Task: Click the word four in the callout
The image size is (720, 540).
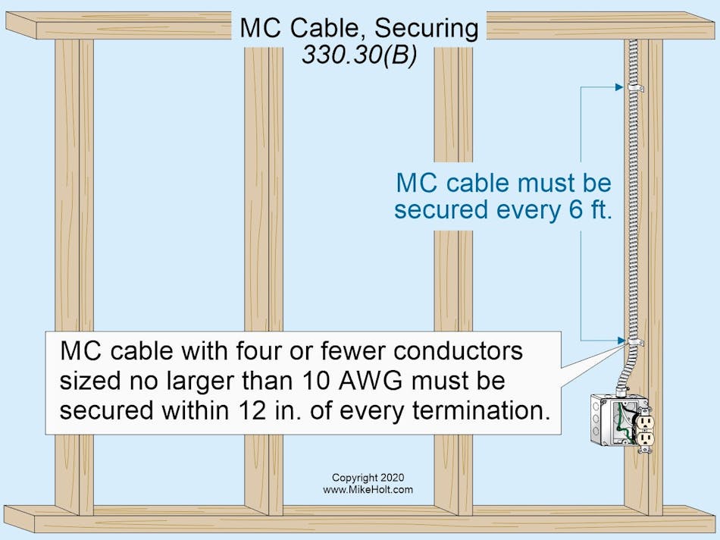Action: click(x=271, y=352)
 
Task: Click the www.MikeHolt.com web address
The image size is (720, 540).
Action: click(x=368, y=490)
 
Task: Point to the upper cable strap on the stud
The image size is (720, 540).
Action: click(x=634, y=88)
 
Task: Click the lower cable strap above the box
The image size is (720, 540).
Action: click(x=634, y=343)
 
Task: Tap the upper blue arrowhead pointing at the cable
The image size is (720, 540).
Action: click(x=617, y=88)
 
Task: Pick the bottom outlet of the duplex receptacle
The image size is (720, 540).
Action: click(x=646, y=440)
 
